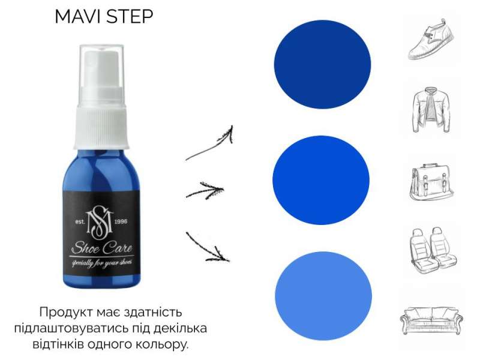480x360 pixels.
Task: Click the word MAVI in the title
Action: [78, 17]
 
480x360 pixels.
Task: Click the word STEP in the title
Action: [130, 17]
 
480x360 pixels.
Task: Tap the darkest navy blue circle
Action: [322, 64]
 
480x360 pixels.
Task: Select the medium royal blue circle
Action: [321, 180]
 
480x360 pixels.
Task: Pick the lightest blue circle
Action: [323, 296]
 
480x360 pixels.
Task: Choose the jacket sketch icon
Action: [431, 110]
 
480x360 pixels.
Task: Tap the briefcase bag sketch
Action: [431, 182]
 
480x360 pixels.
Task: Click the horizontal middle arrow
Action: [205, 191]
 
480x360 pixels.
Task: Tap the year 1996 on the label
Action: [121, 221]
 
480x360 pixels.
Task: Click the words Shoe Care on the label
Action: [102, 248]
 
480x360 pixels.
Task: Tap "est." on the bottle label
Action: [80, 221]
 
